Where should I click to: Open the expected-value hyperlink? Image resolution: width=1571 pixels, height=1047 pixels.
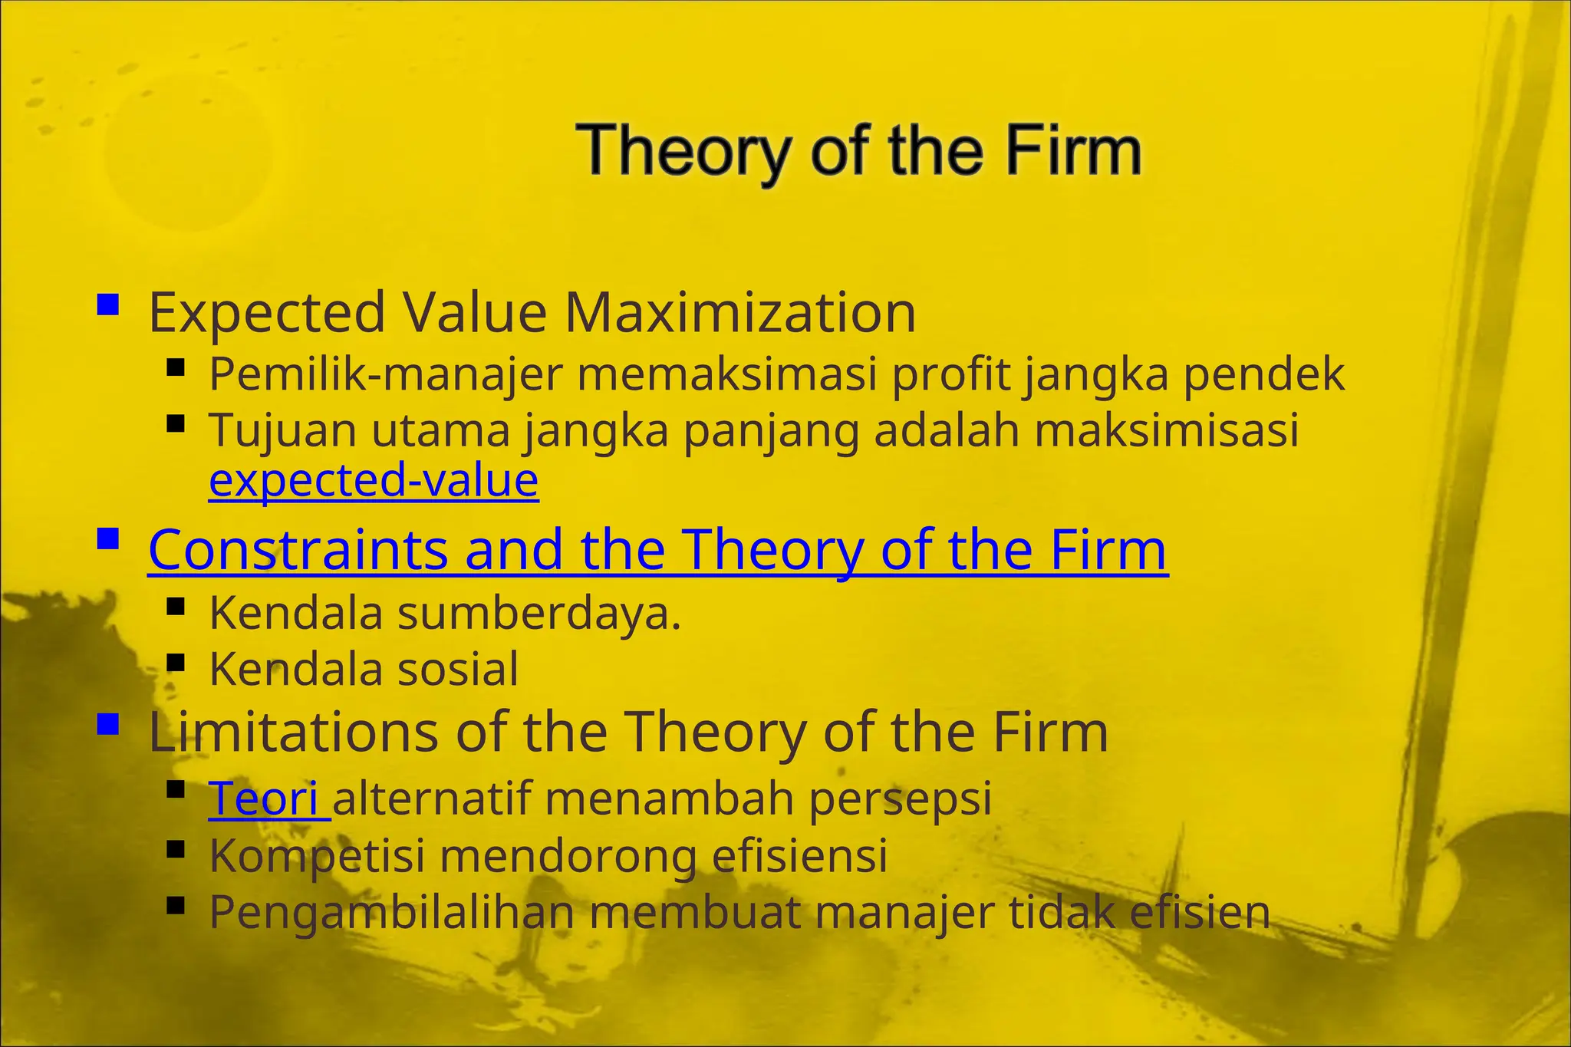point(374,480)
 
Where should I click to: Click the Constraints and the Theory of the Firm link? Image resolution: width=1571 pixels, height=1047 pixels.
point(657,550)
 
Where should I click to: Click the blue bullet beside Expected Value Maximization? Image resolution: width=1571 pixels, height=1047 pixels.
point(108,306)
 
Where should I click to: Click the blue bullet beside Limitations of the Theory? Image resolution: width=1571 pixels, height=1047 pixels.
point(108,723)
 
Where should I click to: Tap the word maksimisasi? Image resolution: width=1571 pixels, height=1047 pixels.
point(1166,430)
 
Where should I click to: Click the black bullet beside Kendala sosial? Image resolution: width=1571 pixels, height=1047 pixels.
point(176,661)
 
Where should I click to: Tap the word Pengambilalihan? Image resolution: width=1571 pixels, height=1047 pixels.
point(391,913)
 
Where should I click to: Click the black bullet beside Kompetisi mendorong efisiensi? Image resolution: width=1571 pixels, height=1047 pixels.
point(176,848)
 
